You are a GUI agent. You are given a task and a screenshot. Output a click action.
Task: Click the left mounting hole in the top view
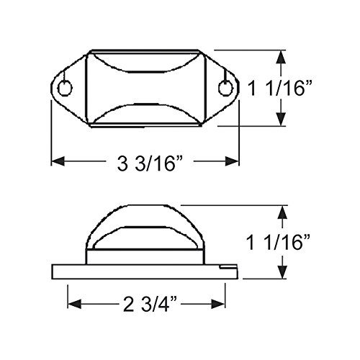pos(65,89)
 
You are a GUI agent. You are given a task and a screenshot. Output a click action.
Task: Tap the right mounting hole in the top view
pos(225,88)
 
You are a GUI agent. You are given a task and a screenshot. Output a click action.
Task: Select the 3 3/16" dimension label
pos(150,163)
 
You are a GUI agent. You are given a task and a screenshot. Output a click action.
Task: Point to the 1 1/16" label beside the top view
pos(280,89)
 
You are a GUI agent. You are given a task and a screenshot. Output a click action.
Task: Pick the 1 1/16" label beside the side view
pos(279,242)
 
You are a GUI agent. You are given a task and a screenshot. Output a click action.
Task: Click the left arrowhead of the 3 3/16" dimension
pos(58,161)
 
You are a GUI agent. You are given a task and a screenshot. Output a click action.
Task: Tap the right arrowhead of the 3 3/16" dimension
pos(232,161)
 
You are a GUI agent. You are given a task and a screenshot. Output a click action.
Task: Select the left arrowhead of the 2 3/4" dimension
pos(75,304)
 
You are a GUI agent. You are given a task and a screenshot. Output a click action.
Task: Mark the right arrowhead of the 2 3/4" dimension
pos(218,304)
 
